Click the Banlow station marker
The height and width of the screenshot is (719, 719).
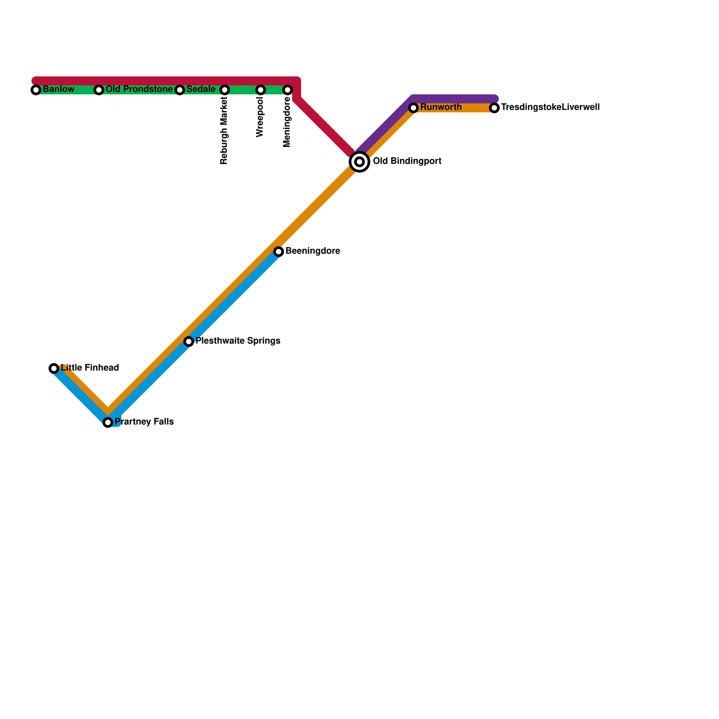click(36, 90)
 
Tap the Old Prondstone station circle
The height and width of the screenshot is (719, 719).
click(99, 90)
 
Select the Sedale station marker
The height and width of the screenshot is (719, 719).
click(180, 90)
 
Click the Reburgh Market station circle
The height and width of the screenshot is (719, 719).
click(225, 90)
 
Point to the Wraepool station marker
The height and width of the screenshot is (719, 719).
click(261, 90)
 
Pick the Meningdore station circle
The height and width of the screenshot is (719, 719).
click(288, 90)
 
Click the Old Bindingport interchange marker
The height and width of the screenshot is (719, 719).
click(359, 162)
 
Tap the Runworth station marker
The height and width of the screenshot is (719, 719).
click(413, 108)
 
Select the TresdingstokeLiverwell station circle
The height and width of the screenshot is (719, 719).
click(494, 108)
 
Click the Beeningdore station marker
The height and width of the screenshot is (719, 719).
click(279, 252)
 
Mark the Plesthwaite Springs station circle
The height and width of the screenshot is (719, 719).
click(189, 342)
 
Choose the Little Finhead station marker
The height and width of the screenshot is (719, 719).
click(54, 368)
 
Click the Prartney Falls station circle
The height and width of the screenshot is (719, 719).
click(108, 422)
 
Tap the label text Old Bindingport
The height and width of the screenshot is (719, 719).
click(407, 161)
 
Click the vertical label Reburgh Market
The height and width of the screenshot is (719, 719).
click(224, 131)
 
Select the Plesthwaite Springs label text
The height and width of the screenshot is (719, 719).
click(238, 341)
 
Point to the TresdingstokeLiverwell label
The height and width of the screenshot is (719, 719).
click(550, 107)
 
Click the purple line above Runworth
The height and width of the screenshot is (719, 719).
click(454, 99)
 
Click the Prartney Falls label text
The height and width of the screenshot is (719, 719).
click(144, 422)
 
